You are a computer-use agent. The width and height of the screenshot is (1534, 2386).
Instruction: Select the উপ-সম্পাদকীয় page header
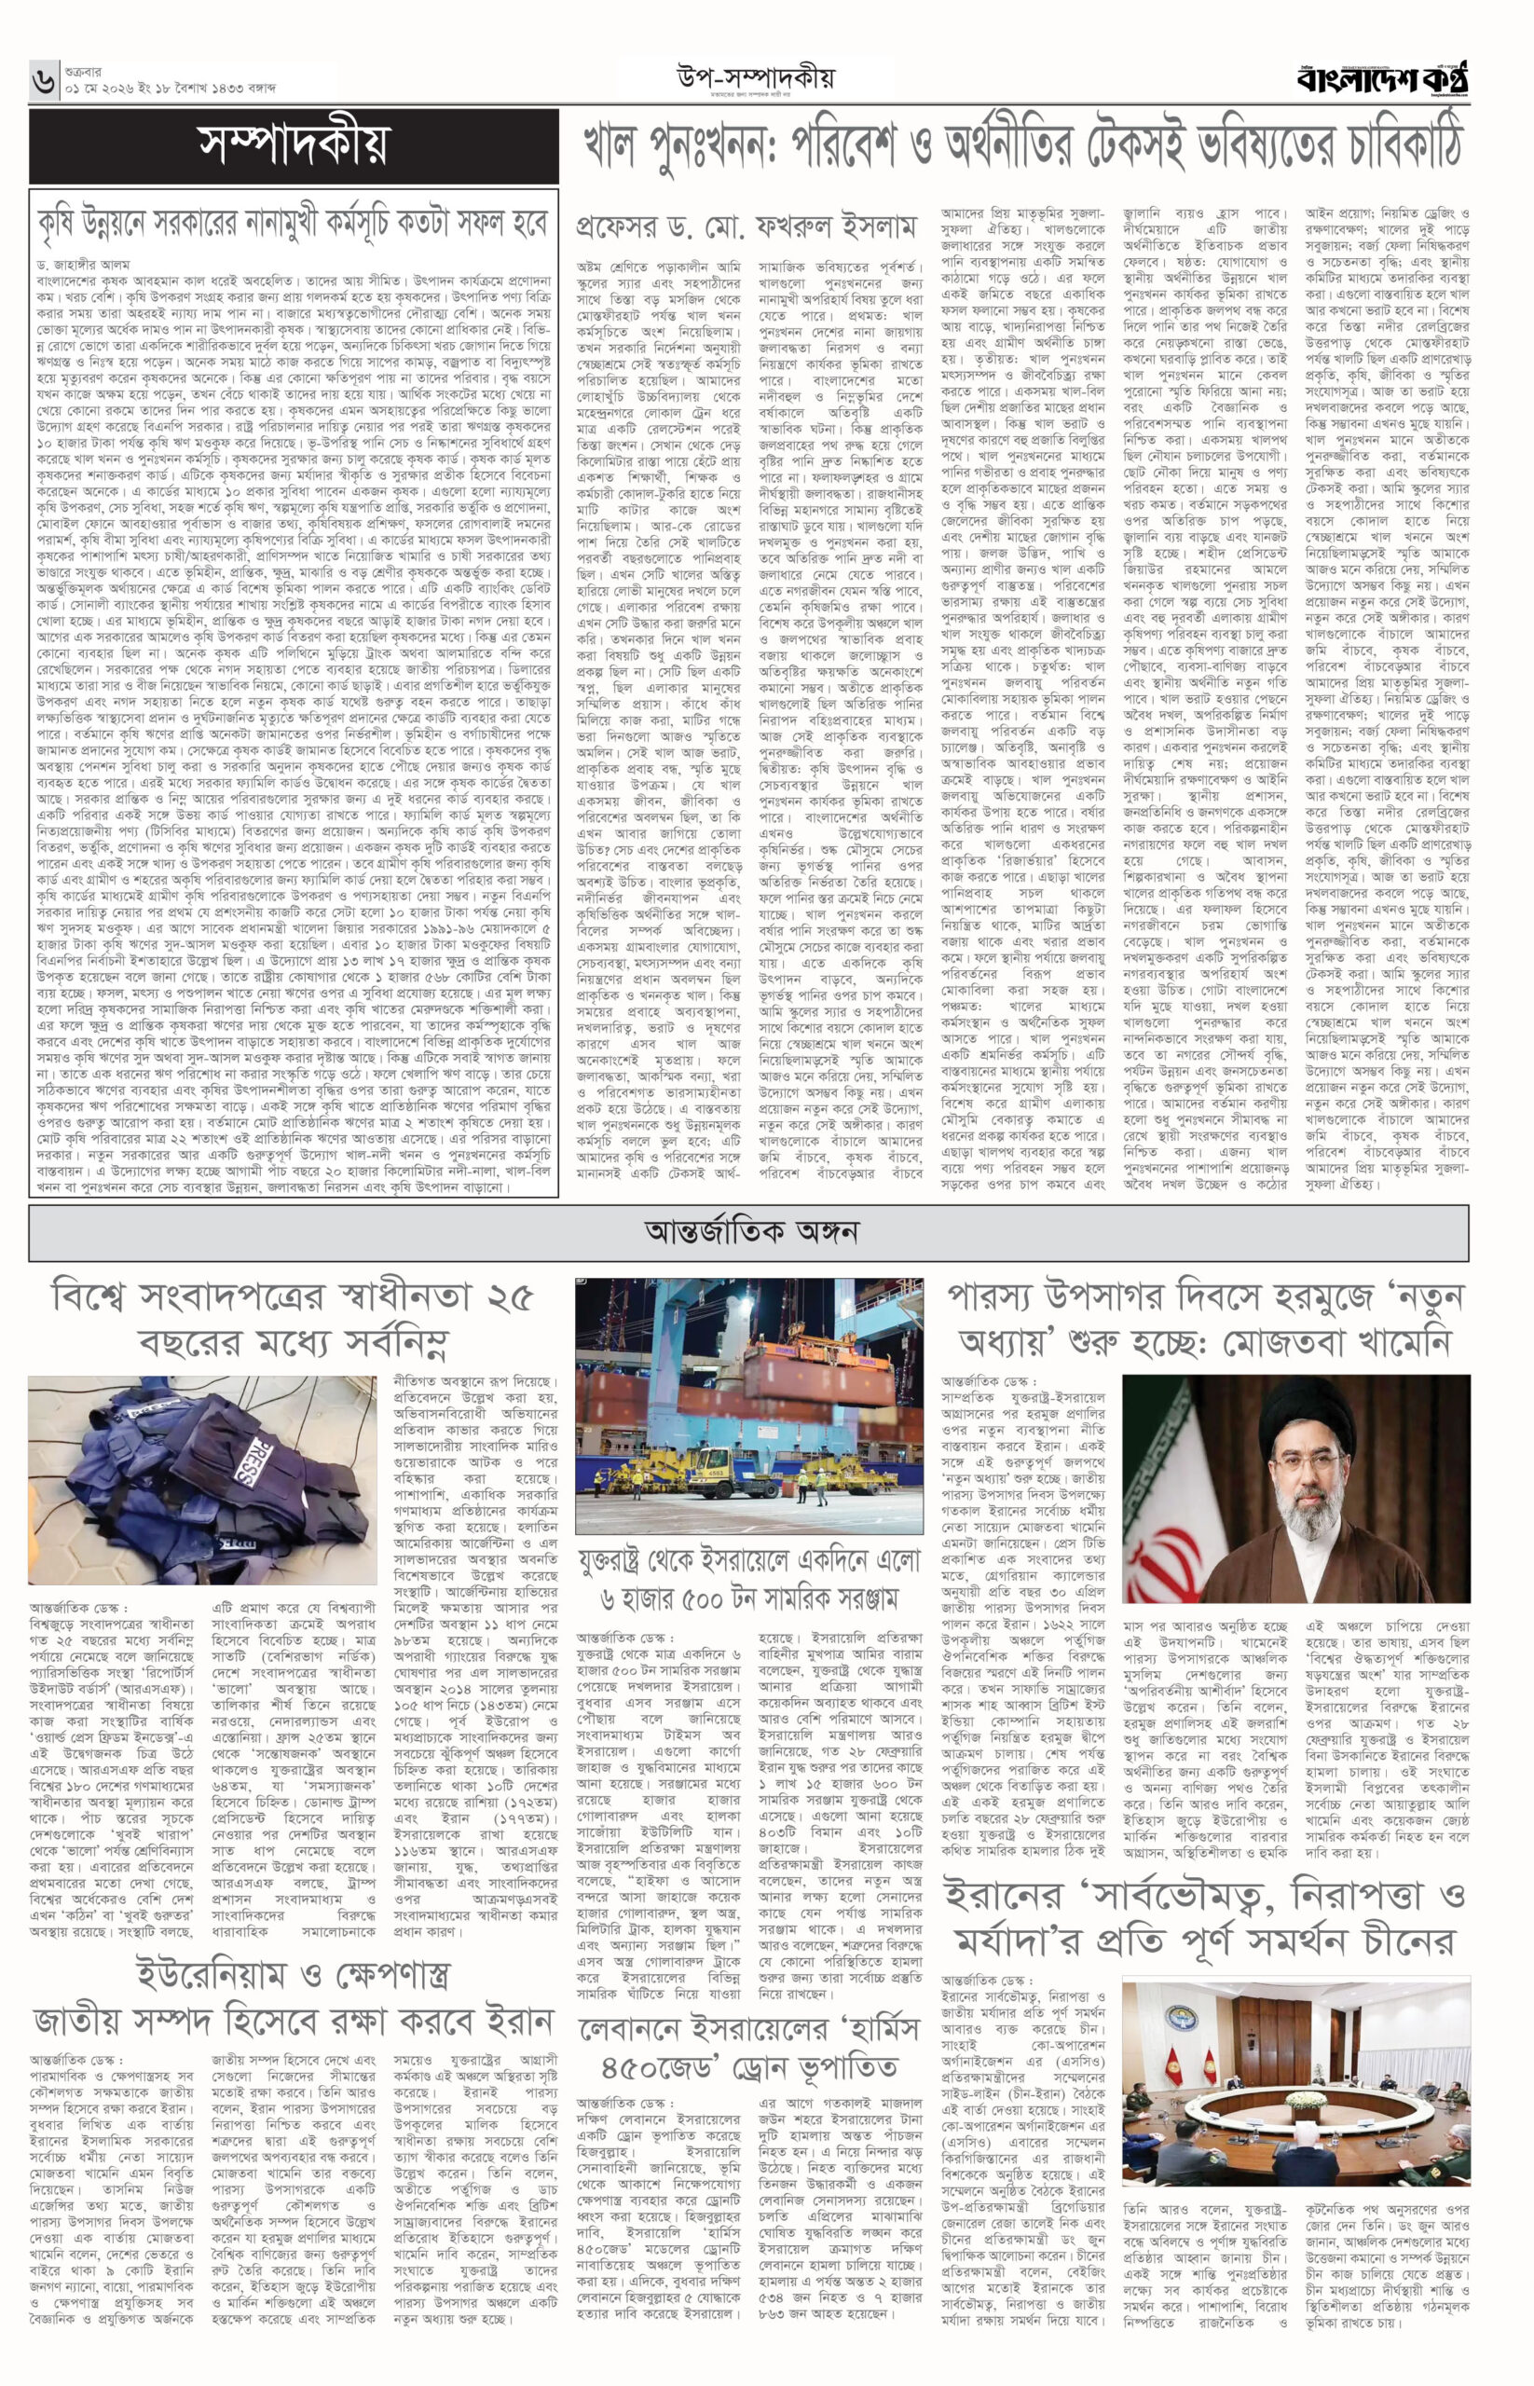[756, 75]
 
